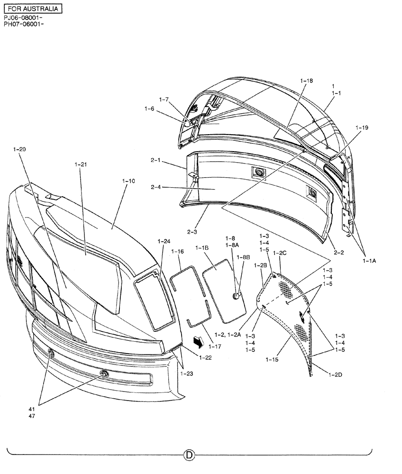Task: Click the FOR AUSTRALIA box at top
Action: pos(32,9)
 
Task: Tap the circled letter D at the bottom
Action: pos(189,456)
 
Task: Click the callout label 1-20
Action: pos(20,149)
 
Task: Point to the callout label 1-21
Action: pos(81,164)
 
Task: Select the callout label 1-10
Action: pos(128,181)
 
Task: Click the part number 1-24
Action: pos(164,241)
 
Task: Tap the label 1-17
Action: pos(215,346)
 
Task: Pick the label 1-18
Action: pos(307,81)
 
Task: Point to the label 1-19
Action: pos(362,128)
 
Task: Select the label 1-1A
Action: pos(370,260)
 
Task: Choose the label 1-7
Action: pos(164,100)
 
